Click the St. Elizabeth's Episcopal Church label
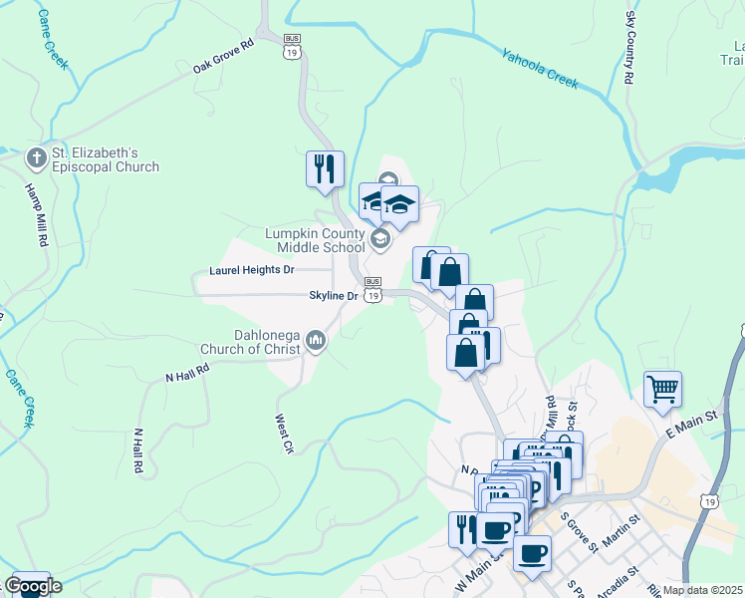(105, 160)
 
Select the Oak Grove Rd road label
(224, 57)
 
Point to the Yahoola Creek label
(540, 70)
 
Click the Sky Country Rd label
(629, 48)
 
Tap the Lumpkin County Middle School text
(314, 240)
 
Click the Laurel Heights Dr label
(252, 270)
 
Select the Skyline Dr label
(333, 296)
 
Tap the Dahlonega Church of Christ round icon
(317, 342)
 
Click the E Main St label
(691, 427)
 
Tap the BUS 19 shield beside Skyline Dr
(372, 290)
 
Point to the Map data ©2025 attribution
(703, 590)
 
